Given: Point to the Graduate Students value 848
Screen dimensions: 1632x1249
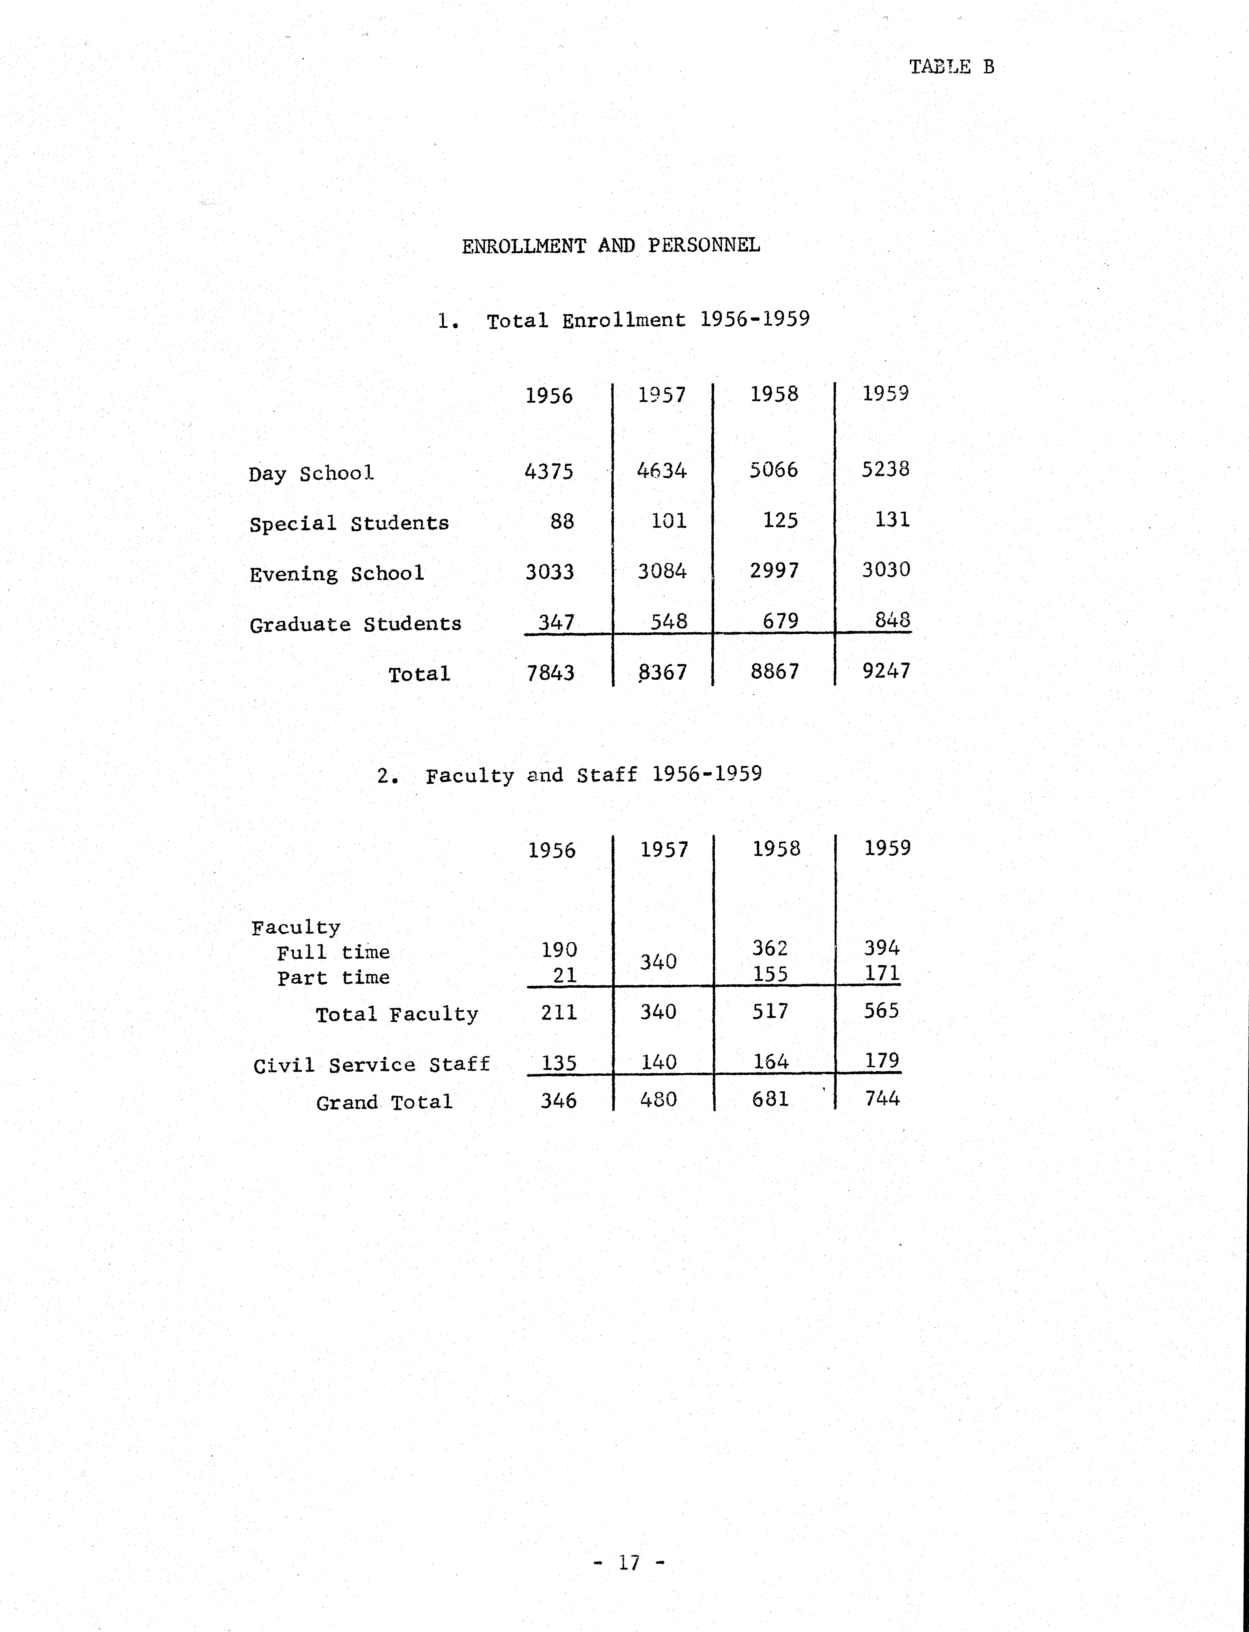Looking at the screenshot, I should [x=892, y=620].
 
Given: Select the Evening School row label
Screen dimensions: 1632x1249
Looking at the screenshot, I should [x=337, y=574].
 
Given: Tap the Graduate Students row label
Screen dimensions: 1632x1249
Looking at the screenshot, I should [x=355, y=624].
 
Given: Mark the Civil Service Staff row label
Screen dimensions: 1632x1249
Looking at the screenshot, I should [x=371, y=1065].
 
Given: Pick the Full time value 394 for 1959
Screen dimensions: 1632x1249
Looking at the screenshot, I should [x=882, y=947].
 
